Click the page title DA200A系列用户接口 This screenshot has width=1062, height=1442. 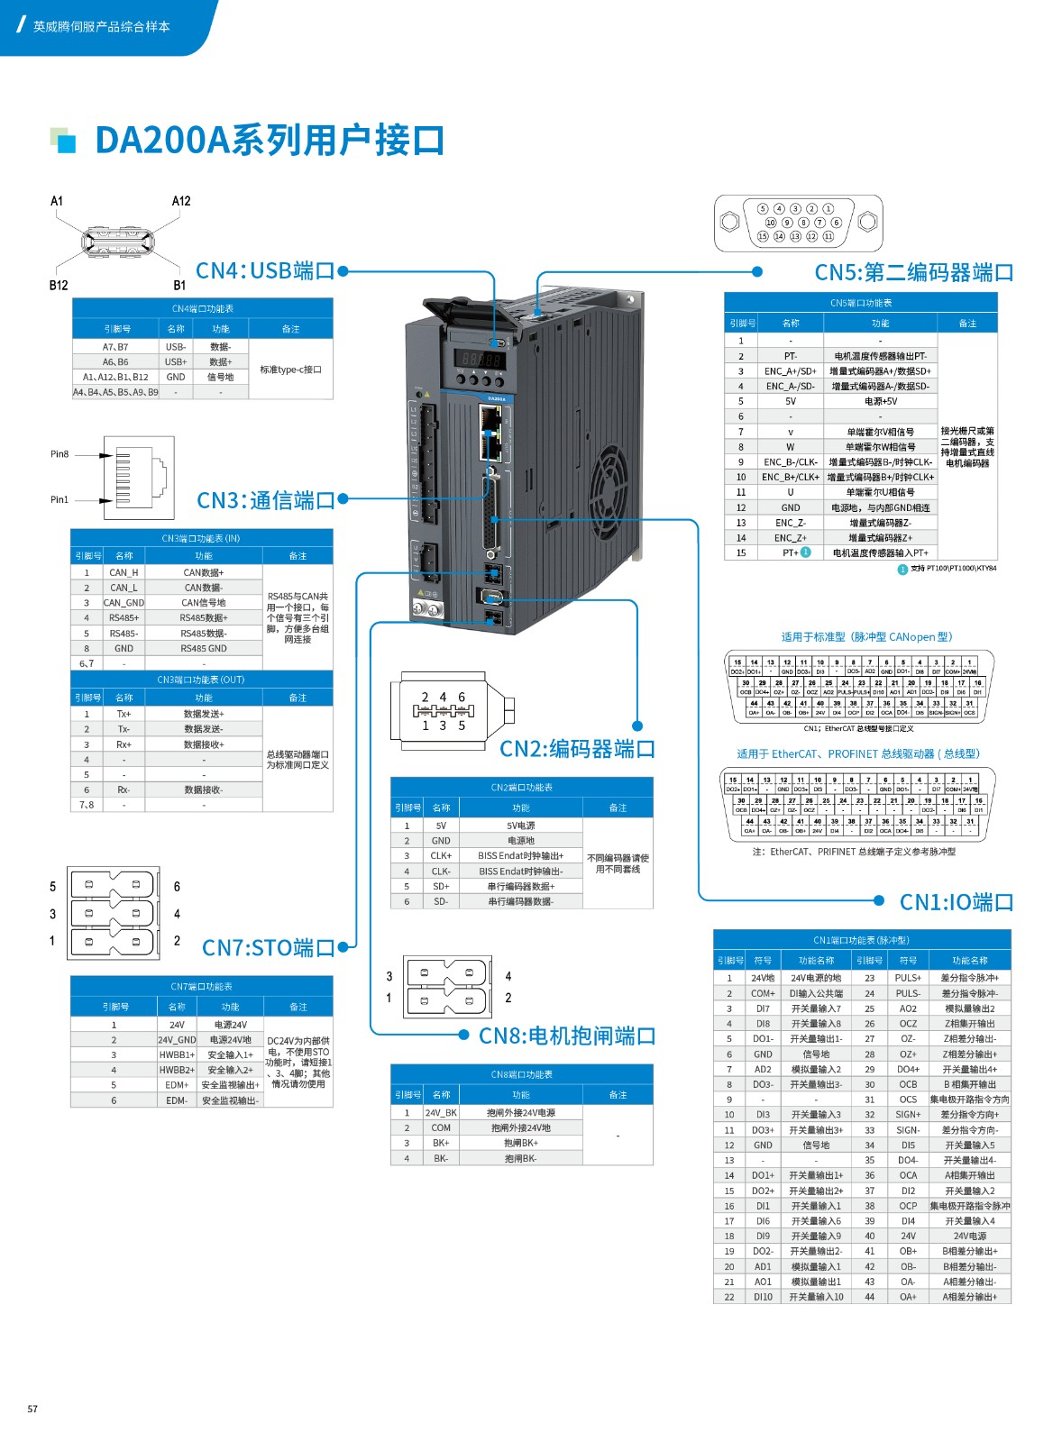click(269, 141)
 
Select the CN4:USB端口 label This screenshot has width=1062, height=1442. click(265, 270)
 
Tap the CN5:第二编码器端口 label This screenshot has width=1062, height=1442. click(913, 272)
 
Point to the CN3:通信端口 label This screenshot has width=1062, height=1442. click(266, 500)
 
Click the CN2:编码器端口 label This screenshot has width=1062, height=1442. click(577, 748)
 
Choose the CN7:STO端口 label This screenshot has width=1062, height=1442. click(269, 947)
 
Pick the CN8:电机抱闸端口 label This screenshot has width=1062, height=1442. click(566, 1036)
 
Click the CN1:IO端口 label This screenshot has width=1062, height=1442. click(956, 902)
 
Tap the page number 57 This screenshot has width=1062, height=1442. click(32, 1409)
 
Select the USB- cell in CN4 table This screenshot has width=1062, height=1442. click(176, 347)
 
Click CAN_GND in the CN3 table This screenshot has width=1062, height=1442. click(124, 603)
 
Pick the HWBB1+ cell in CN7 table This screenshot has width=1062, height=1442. click(177, 1054)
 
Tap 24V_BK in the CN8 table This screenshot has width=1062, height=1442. click(441, 1113)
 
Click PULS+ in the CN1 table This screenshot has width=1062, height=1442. click(908, 978)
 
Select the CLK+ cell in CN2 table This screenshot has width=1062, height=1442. click(441, 856)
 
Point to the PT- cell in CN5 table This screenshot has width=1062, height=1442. click(791, 356)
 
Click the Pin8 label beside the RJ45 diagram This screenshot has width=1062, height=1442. click(60, 454)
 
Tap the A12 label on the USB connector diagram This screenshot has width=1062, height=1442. click(181, 201)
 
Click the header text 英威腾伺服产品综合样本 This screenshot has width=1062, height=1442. click(101, 27)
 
